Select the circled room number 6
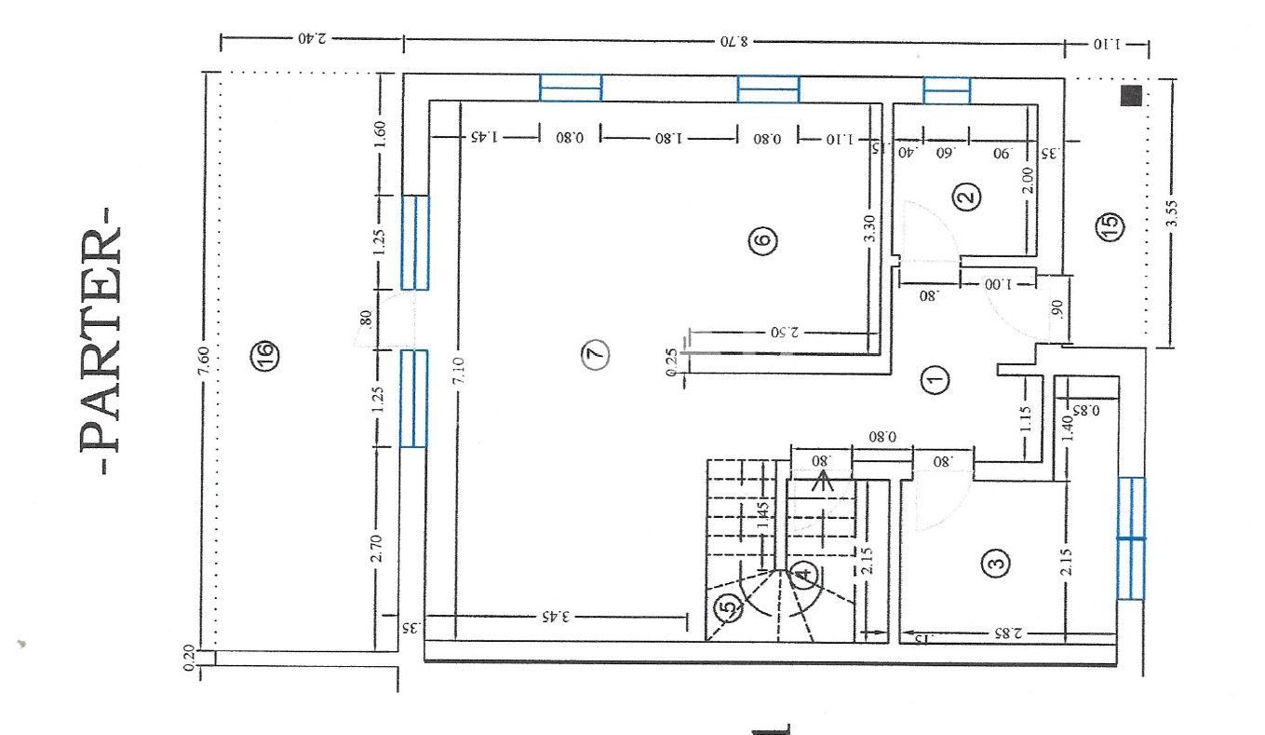pos(761,240)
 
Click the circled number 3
pos(996,562)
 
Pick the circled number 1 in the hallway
pos(935,378)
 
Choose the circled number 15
pos(1110,225)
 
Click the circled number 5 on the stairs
pos(730,608)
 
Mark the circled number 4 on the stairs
pos(804,575)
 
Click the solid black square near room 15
pos(1130,94)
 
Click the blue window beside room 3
pos(1131,538)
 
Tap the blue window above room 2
pos(947,90)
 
